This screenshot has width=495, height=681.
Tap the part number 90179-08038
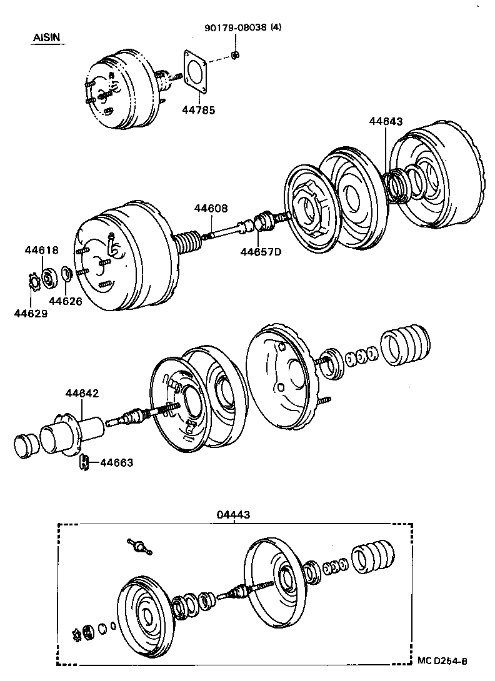[235, 28]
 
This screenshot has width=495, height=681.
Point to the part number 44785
[198, 111]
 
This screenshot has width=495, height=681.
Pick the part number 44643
[386, 121]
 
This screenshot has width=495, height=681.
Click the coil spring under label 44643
[395, 186]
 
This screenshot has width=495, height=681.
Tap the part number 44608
[211, 209]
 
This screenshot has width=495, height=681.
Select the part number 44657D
[261, 252]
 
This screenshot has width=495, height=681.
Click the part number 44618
[42, 250]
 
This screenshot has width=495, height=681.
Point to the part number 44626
[66, 301]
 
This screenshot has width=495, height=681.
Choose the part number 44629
[31, 313]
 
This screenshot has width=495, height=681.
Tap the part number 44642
[82, 394]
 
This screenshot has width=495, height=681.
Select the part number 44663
[117, 462]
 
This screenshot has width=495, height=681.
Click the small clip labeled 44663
[84, 462]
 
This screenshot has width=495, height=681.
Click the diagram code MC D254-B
[442, 661]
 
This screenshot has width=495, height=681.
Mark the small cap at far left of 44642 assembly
[26, 444]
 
